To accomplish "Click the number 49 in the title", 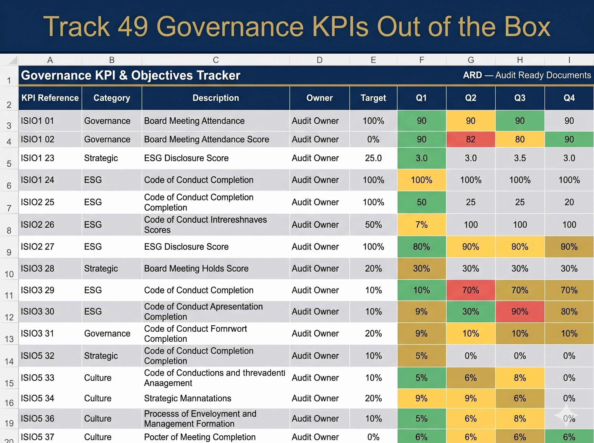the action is (133, 27).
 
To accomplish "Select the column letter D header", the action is (320, 60).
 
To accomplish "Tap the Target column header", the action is (373, 98).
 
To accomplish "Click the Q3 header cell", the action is (520, 98).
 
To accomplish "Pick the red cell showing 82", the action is (470, 139).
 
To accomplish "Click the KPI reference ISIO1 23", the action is (38, 158).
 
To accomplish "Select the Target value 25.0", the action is (373, 158).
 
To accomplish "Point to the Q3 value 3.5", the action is (520, 158).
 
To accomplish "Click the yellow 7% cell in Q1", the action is (421, 224).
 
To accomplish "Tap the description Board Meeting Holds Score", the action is (196, 268).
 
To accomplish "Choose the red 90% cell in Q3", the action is (520, 311).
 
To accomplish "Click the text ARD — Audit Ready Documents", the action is (527, 75).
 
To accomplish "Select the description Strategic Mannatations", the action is (187, 398).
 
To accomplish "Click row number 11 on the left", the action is (9, 295).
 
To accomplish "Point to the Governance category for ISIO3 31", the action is (107, 333).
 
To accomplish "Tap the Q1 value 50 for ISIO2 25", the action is (421, 202).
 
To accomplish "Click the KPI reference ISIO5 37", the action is (38, 437).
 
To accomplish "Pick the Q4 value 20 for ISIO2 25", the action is (569, 202).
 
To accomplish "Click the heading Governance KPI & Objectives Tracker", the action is (130, 75).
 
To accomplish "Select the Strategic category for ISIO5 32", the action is (101, 355).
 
